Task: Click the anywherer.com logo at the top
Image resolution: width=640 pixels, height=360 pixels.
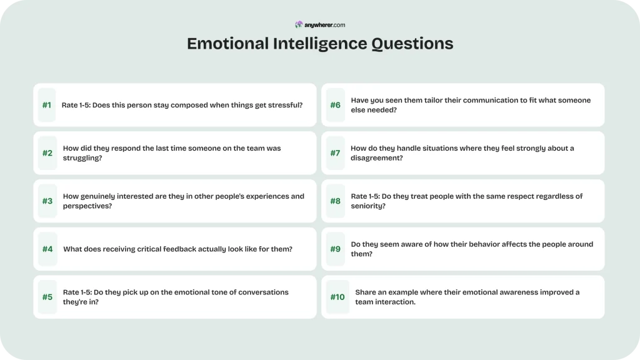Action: click(320, 25)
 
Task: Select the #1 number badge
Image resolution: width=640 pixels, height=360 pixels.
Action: click(47, 105)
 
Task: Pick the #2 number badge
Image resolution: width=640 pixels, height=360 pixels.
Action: click(47, 153)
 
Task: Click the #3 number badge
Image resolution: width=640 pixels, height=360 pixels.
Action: click(47, 201)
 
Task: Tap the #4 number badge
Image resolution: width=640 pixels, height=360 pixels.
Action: click(47, 249)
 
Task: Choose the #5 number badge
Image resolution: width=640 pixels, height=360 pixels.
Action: click(47, 297)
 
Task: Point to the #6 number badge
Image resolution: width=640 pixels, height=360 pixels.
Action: click(336, 105)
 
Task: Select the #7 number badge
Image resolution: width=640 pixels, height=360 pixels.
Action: click(336, 153)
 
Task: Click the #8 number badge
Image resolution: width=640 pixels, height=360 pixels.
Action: click(336, 201)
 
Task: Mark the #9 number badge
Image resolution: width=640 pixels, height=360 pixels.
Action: click(336, 249)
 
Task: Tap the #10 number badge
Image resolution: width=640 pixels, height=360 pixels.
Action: click(337, 297)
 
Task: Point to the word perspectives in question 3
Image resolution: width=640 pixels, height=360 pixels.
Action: click(87, 206)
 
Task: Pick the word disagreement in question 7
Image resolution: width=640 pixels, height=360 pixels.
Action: click(377, 158)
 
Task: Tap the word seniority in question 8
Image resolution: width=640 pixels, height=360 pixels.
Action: click(368, 206)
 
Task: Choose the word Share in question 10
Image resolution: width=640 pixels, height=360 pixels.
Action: click(366, 292)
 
